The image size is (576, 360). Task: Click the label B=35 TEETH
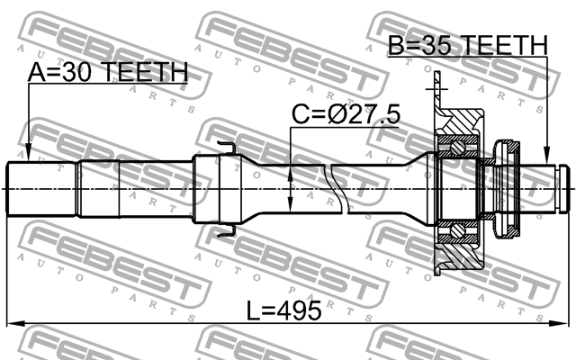[x=467, y=45]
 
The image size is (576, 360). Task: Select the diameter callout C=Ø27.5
[x=345, y=115]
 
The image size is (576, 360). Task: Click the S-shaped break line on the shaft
[x=342, y=189]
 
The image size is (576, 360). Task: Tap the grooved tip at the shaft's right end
[x=560, y=188]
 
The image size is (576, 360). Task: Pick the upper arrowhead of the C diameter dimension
[x=290, y=171]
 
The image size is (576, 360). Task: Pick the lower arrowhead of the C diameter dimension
[x=290, y=205]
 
